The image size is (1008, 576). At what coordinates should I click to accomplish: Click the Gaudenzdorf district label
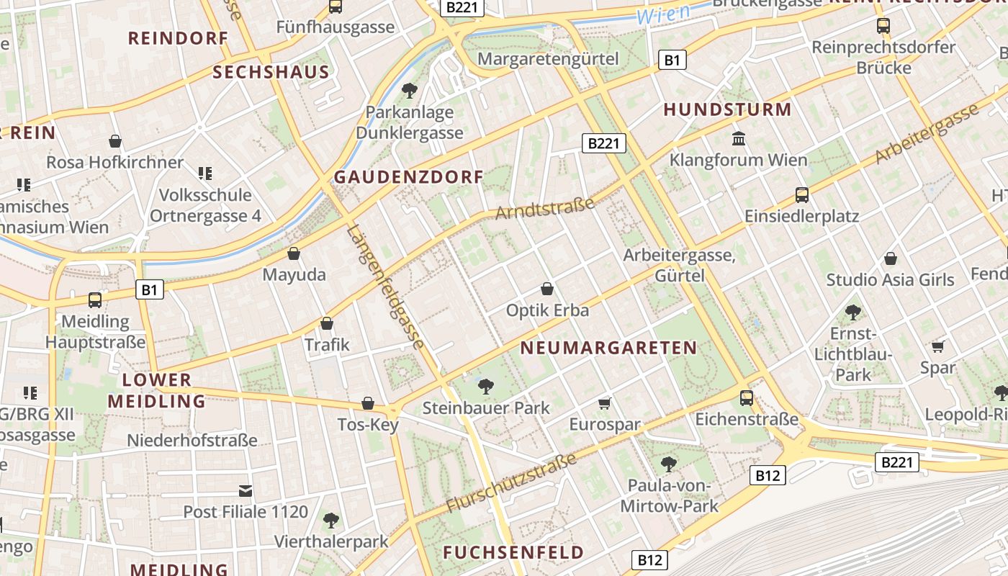[x=409, y=177]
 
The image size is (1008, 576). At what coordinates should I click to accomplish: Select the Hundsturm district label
[x=727, y=109]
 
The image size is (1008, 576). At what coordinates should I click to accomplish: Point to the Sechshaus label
[x=271, y=72]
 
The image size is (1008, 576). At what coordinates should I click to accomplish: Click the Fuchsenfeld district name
[x=513, y=553]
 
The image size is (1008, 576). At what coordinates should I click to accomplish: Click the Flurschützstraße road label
[x=512, y=482]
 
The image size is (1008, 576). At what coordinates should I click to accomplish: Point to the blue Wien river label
[x=663, y=13]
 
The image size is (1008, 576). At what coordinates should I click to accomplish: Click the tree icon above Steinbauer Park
[x=486, y=387]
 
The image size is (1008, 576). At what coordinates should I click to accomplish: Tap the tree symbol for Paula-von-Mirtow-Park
[x=669, y=464]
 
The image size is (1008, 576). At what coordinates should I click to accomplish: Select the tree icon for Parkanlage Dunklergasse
[x=410, y=91]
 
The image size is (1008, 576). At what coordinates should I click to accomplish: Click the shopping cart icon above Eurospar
[x=605, y=403]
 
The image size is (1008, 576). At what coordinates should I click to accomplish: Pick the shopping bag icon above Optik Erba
[x=547, y=289]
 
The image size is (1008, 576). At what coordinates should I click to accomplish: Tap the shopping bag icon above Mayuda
[x=294, y=253]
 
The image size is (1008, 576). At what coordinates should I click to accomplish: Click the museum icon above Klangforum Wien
[x=739, y=138]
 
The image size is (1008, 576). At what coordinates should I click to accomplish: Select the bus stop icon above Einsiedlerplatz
[x=801, y=194]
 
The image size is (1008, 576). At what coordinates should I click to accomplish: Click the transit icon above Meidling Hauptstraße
[x=95, y=300]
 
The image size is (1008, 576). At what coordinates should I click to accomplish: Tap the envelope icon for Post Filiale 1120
[x=246, y=491]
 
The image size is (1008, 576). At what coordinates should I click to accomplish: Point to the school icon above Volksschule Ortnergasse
[x=205, y=173]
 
